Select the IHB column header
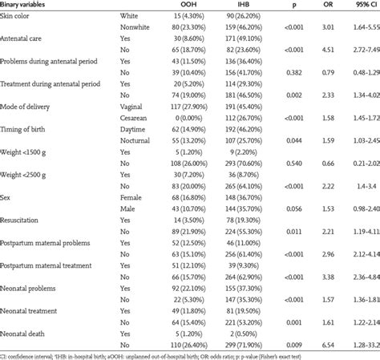[x=249, y=4]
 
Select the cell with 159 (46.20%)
[x=249, y=27]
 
